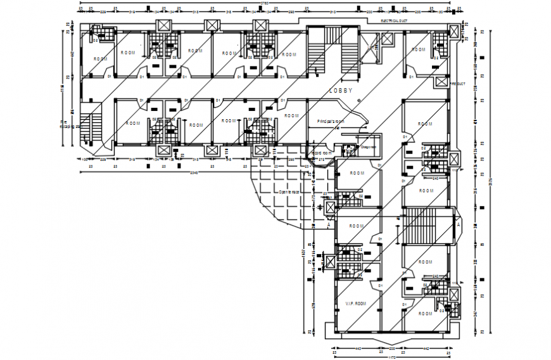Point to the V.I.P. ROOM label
[356, 304]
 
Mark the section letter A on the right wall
[458, 224]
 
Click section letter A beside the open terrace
[329, 224]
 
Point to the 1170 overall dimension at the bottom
[391, 357]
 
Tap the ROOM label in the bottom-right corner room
[426, 313]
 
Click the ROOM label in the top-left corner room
[100, 59]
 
